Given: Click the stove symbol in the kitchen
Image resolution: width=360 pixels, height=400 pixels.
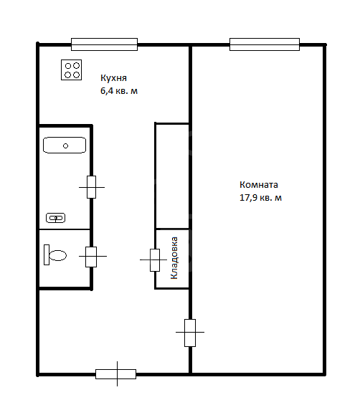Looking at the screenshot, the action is pyautogui.click(x=71, y=70).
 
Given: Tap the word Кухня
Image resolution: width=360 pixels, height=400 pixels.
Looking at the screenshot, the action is pyautogui.click(x=113, y=78).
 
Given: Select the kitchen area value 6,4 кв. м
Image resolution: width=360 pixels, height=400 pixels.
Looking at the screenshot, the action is pyautogui.click(x=119, y=91).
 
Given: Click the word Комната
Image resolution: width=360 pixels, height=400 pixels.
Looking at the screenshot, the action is pyautogui.click(x=259, y=184).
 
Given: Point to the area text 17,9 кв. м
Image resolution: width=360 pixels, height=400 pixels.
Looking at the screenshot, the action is pyautogui.click(x=260, y=198).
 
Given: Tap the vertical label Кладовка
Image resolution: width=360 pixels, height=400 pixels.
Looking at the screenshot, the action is pyautogui.click(x=174, y=258).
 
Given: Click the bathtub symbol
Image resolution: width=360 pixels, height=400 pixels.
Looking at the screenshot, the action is pyautogui.click(x=65, y=145).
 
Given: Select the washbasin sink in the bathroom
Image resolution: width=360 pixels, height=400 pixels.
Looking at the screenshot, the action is pyautogui.click(x=56, y=218).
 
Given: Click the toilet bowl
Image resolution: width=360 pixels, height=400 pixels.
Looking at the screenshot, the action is pyautogui.click(x=58, y=255).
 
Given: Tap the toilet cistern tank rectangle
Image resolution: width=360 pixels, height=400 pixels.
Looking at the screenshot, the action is pyautogui.click(x=47, y=255).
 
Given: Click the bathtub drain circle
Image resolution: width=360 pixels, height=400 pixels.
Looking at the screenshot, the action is pyautogui.click(x=65, y=146).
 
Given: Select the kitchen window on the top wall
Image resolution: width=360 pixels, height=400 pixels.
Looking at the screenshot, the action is pyautogui.click(x=105, y=44).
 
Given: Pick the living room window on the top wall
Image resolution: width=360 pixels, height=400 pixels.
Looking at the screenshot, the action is pyautogui.click(x=265, y=44).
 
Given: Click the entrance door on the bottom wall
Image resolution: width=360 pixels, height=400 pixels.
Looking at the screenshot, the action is pyautogui.click(x=116, y=374).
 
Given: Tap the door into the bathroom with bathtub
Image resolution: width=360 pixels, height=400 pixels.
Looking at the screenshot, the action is pyautogui.click(x=91, y=187).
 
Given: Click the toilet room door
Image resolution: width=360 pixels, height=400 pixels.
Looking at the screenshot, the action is pyautogui.click(x=91, y=257).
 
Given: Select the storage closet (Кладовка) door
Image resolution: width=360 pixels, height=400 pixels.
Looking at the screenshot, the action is pyautogui.click(x=155, y=260).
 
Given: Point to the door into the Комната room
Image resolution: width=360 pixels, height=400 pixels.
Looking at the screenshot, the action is pyautogui.click(x=190, y=333).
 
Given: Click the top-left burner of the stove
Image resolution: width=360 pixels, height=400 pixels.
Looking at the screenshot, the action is pyautogui.click(x=68, y=66).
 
